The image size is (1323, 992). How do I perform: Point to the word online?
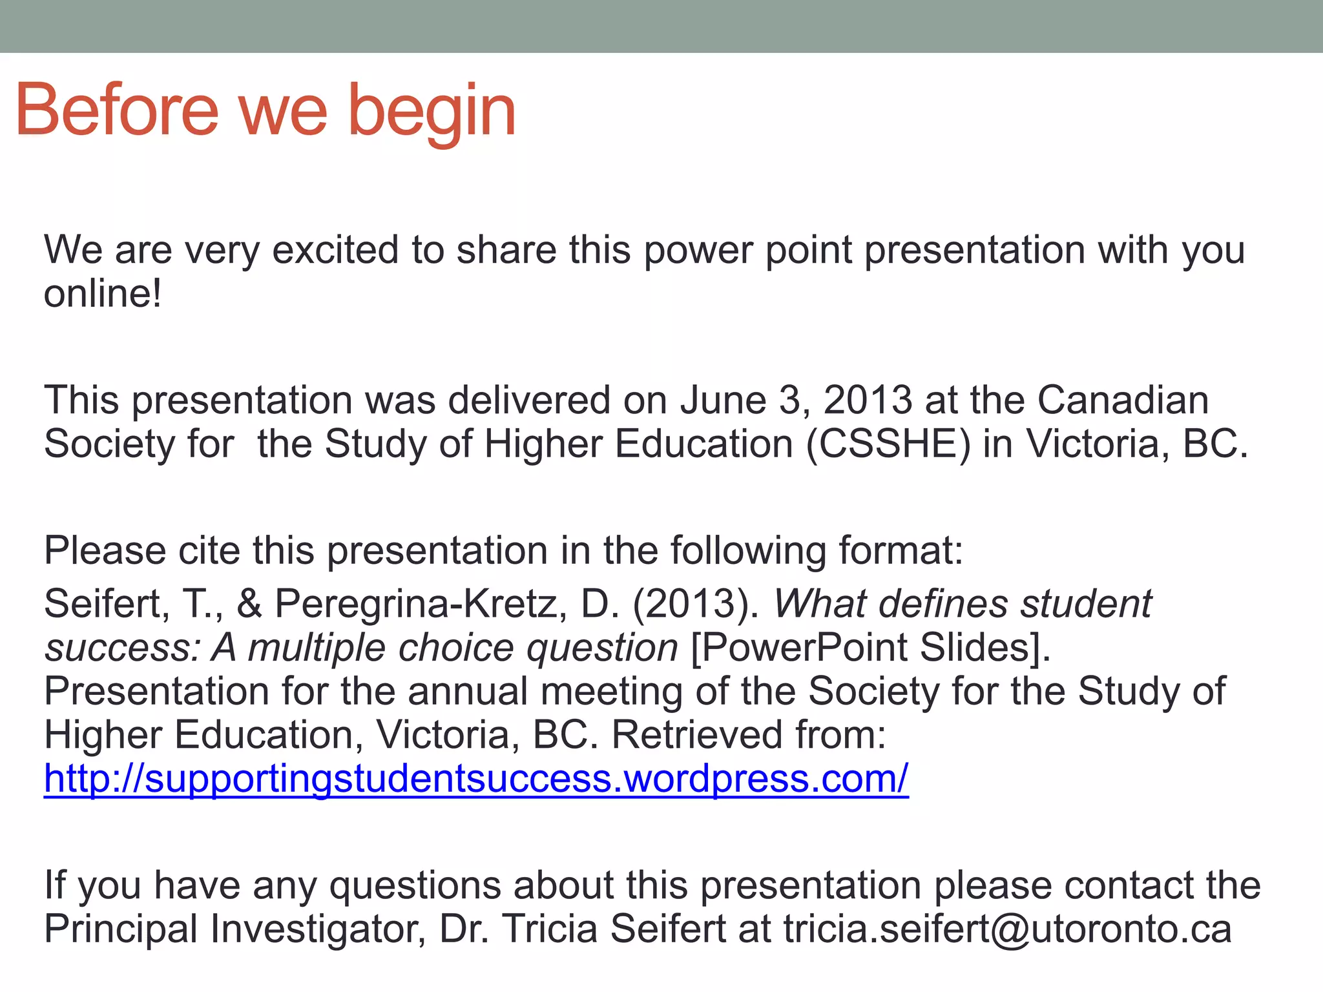point(103,294)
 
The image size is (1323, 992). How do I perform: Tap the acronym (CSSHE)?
point(888,444)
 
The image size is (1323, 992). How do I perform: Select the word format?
point(901,550)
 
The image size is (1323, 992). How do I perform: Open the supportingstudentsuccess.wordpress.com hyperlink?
point(476,779)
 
